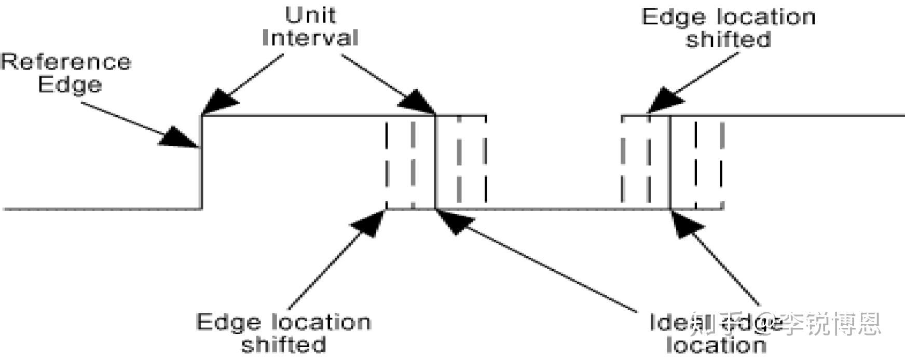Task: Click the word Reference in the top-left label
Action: (x=66, y=62)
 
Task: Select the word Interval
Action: (x=310, y=37)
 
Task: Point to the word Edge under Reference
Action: (x=70, y=84)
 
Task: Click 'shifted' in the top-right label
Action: (x=728, y=39)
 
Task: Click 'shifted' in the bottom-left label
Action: (x=284, y=344)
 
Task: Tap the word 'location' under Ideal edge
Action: (x=716, y=344)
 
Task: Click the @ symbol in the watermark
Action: (x=767, y=323)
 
